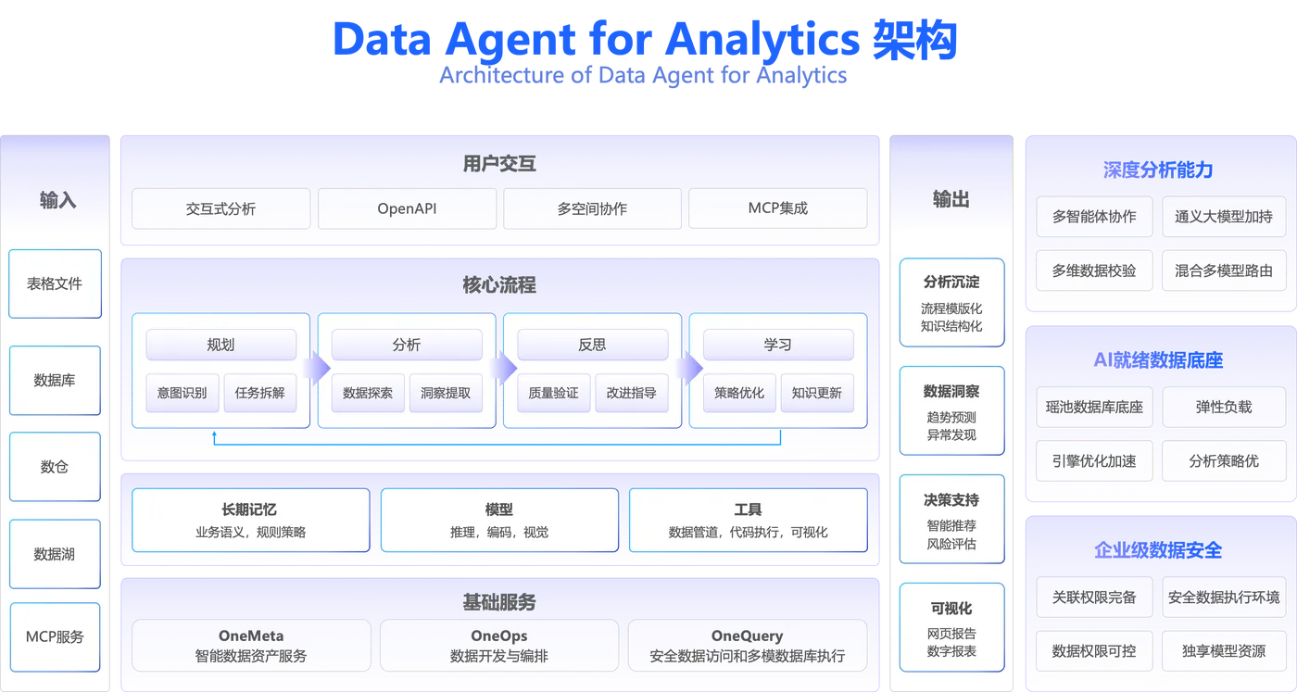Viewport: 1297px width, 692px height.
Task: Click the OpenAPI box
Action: [407, 208]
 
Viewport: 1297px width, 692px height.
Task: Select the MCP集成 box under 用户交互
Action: [777, 208]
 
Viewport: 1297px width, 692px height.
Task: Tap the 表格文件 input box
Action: [55, 283]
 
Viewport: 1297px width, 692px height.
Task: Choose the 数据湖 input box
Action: [55, 554]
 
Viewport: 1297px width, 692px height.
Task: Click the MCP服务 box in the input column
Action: [55, 636]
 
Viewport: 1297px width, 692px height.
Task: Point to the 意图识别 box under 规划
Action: [183, 393]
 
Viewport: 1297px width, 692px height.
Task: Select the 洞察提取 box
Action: [446, 393]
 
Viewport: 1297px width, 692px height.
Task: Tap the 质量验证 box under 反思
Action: [553, 393]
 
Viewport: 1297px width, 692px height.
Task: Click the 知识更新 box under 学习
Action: [816, 393]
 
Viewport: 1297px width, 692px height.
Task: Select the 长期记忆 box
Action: [250, 520]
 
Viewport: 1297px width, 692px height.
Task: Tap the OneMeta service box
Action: [251, 646]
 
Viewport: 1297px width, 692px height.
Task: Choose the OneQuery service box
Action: [747, 646]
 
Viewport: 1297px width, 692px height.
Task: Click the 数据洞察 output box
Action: [951, 410]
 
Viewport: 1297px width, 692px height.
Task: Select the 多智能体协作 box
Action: [1094, 217]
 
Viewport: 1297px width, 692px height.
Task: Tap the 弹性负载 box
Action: [1223, 407]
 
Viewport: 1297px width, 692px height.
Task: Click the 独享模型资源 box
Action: [1223, 650]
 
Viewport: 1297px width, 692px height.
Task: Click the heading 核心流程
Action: [499, 285]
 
